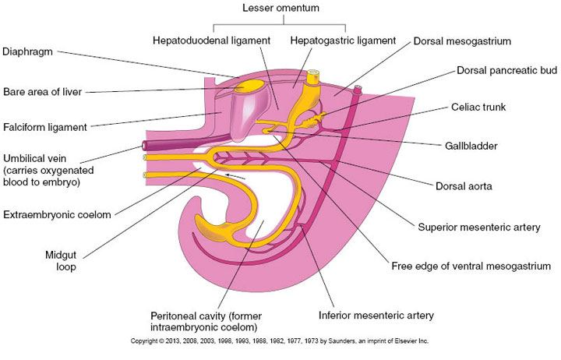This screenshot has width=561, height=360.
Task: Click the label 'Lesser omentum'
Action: tap(280, 8)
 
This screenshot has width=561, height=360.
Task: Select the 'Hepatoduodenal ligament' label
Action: tap(211, 41)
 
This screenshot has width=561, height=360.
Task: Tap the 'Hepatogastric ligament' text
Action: tap(343, 41)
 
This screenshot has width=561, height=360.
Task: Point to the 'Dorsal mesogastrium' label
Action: tap(462, 41)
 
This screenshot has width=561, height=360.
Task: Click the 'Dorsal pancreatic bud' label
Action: tap(507, 70)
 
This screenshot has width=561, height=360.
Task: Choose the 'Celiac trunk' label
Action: tap(478, 107)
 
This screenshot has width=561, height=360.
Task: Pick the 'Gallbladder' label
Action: tap(471, 146)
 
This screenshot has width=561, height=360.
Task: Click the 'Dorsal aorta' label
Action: tap(464, 186)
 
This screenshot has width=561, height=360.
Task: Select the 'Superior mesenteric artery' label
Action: tap(479, 228)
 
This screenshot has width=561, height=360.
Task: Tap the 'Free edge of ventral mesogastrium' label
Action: tap(471, 266)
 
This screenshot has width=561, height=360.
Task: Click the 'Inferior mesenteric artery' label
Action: tap(376, 316)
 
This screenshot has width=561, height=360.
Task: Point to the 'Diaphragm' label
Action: tap(27, 52)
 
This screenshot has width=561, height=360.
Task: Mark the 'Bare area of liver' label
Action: tap(43, 92)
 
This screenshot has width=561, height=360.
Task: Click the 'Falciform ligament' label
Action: tap(45, 127)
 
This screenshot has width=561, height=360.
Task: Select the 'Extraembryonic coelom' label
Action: tap(57, 215)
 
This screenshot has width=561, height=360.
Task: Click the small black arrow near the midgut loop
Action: tap(235, 176)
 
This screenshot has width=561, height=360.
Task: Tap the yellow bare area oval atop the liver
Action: tap(249, 86)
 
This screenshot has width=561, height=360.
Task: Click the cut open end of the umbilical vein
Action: tap(144, 146)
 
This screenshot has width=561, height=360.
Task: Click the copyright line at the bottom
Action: tap(280, 341)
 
